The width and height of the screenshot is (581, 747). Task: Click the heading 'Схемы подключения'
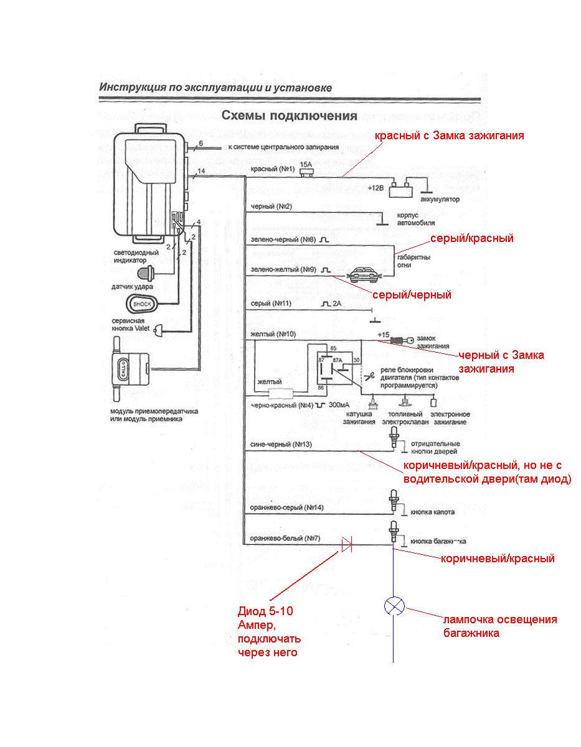point(290,116)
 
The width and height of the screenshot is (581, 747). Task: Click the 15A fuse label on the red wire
point(306,164)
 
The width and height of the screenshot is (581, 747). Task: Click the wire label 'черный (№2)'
point(271,206)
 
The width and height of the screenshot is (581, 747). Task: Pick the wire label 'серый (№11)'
point(270,304)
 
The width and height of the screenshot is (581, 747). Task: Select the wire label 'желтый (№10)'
point(273,334)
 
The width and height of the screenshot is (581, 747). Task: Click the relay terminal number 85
point(316,348)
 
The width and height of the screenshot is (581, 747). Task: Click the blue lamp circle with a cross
point(394,605)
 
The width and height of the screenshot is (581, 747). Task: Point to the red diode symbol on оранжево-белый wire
point(347,545)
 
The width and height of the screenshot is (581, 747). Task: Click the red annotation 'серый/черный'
point(411,295)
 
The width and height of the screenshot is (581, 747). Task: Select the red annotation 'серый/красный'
point(471,238)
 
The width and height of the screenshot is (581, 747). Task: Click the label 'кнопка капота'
point(432,513)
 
